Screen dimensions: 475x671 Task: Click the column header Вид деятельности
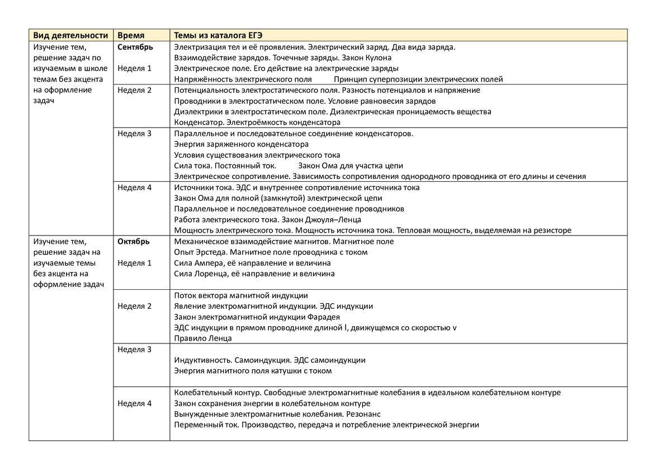(x=70, y=35)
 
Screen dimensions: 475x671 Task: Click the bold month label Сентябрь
(x=135, y=46)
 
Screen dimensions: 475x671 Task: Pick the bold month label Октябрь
(x=134, y=242)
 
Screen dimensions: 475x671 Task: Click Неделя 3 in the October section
(x=135, y=350)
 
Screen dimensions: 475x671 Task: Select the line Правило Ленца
(x=203, y=338)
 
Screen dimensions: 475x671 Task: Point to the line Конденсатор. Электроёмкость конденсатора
(x=257, y=123)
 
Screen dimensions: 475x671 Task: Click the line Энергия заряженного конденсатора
(x=242, y=144)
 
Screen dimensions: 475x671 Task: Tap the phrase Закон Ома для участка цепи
(x=351, y=166)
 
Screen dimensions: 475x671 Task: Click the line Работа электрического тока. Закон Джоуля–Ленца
(x=268, y=220)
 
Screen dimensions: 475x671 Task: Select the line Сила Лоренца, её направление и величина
(x=254, y=274)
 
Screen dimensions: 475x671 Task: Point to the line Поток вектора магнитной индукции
(x=241, y=295)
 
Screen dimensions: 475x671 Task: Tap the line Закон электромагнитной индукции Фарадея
(x=257, y=317)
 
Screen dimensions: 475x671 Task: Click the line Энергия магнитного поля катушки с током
(x=253, y=371)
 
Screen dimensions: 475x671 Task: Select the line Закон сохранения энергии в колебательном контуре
(x=272, y=403)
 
